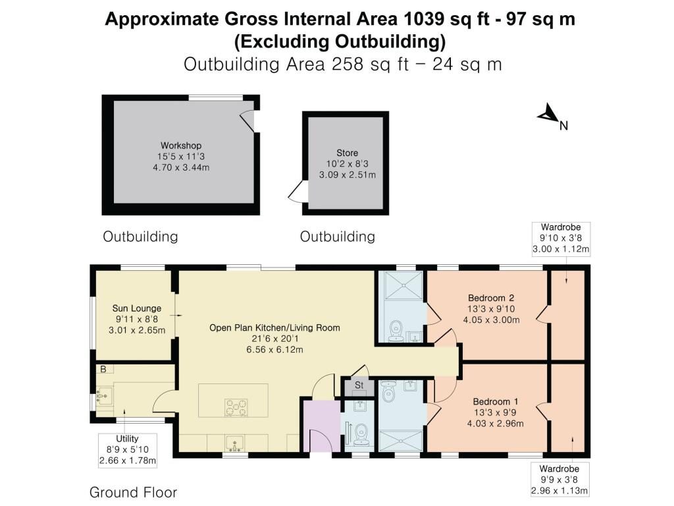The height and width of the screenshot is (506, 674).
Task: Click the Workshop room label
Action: pyautogui.click(x=181, y=146)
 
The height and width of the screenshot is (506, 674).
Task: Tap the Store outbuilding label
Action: pyautogui.click(x=348, y=153)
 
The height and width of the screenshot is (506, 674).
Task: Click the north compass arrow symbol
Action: pyautogui.click(x=547, y=113)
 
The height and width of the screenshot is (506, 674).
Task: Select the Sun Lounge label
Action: pyautogui.click(x=137, y=308)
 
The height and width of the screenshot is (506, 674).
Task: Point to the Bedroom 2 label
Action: pyautogui.click(x=491, y=298)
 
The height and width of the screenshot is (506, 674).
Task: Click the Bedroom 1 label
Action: pyautogui.click(x=495, y=401)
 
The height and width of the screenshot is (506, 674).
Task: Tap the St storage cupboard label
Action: pyautogui.click(x=359, y=385)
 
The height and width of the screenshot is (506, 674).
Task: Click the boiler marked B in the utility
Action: pyautogui.click(x=103, y=369)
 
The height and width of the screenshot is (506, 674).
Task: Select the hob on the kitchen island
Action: pyautogui.click(x=236, y=407)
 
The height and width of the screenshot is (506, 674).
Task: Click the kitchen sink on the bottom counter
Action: pyautogui.click(x=235, y=443)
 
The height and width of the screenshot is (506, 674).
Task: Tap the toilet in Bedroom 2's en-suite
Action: pyautogui.click(x=395, y=331)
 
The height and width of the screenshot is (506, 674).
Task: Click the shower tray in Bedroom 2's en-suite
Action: pyautogui.click(x=403, y=285)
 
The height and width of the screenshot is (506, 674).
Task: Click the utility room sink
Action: pyautogui.click(x=104, y=395)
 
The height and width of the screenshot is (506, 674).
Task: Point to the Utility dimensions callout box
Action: pyautogui.click(x=128, y=449)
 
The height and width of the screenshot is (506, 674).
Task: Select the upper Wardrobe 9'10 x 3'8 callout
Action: pyautogui.click(x=561, y=239)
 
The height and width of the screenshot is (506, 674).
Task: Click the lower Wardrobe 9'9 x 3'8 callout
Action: pyautogui.click(x=559, y=480)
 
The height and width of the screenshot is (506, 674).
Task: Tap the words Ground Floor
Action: pyautogui.click(x=133, y=492)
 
